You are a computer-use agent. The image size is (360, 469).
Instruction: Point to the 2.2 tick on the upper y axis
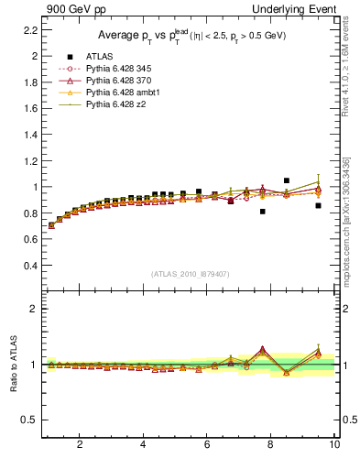click(x=28, y=29)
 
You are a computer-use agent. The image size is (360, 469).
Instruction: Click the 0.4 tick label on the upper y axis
click(x=28, y=266)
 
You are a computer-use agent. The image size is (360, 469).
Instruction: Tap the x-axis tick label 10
click(x=334, y=444)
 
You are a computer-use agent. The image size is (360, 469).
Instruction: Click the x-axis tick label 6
click(x=207, y=444)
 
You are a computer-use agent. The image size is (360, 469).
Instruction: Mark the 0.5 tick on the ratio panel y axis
click(x=28, y=420)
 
